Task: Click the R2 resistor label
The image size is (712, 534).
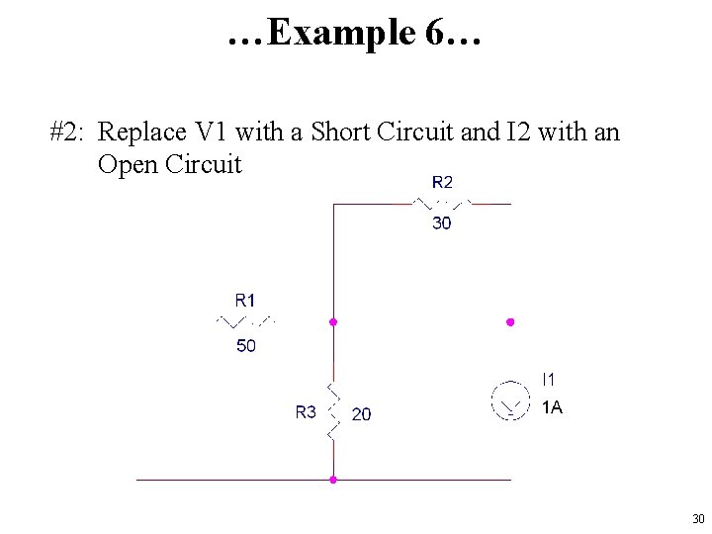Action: pos(442,182)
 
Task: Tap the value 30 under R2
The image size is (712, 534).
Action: pos(442,223)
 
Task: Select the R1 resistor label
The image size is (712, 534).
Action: pos(245,300)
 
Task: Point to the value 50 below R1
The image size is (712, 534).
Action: pos(245,346)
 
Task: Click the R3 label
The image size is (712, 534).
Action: pos(306,412)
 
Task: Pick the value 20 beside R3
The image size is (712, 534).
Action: pos(362,414)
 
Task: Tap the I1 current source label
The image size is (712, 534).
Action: pos(549,378)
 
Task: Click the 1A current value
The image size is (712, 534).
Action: pos(552,407)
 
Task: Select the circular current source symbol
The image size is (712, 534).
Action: pos(510,401)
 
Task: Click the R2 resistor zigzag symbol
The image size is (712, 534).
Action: pos(441,204)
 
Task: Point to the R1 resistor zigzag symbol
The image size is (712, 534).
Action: pos(245,321)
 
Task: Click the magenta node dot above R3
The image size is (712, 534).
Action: pos(333,322)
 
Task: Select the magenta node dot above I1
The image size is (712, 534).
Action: pos(510,322)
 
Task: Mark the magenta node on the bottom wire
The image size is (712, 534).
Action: pos(333,480)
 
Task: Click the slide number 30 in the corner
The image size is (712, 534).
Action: pos(698,519)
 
